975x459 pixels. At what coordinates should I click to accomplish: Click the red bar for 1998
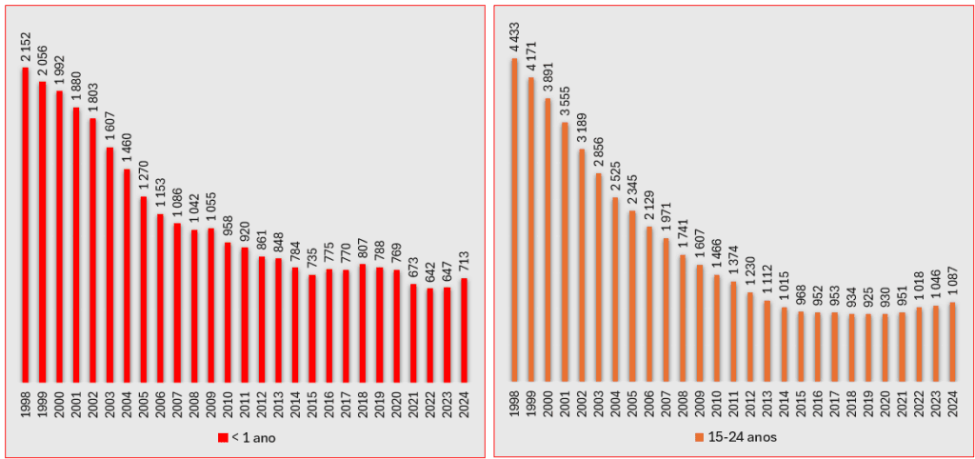tap(26, 224)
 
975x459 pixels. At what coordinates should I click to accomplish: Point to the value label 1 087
tap(951, 280)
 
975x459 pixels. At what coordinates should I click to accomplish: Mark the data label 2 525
tap(615, 176)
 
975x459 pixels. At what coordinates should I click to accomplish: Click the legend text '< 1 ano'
tap(252, 438)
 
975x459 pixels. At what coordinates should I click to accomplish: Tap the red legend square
tap(223, 438)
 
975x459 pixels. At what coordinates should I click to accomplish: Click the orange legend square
tap(700, 438)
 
